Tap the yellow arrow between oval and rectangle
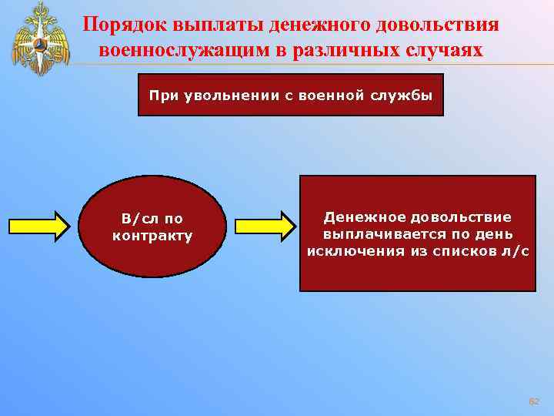click(x=265, y=226)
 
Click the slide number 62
click(x=534, y=402)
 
